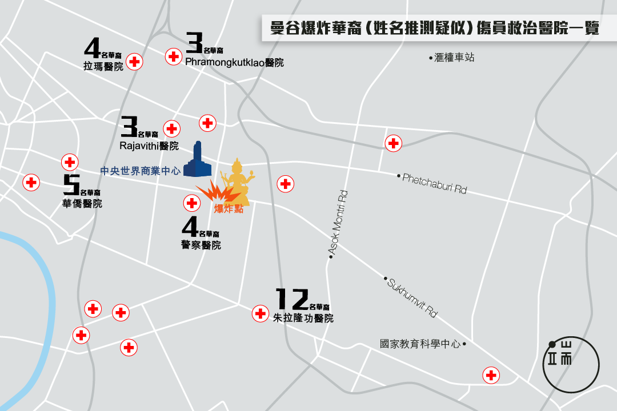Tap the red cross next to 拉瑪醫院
point(134,62)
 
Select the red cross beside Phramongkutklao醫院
point(173,56)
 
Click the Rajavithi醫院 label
point(149,146)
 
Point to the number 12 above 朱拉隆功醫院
point(292,298)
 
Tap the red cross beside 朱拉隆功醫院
point(261,313)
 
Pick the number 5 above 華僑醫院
point(71,185)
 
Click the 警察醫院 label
point(200,245)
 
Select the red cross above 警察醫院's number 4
point(191,203)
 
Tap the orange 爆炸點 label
point(229,209)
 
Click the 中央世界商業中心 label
point(140,170)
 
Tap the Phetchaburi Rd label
point(434,183)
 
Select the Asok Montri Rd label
point(338,223)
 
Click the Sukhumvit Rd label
point(412,298)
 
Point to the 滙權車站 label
point(454,58)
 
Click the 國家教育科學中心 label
point(420,344)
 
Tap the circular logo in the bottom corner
point(571,363)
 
